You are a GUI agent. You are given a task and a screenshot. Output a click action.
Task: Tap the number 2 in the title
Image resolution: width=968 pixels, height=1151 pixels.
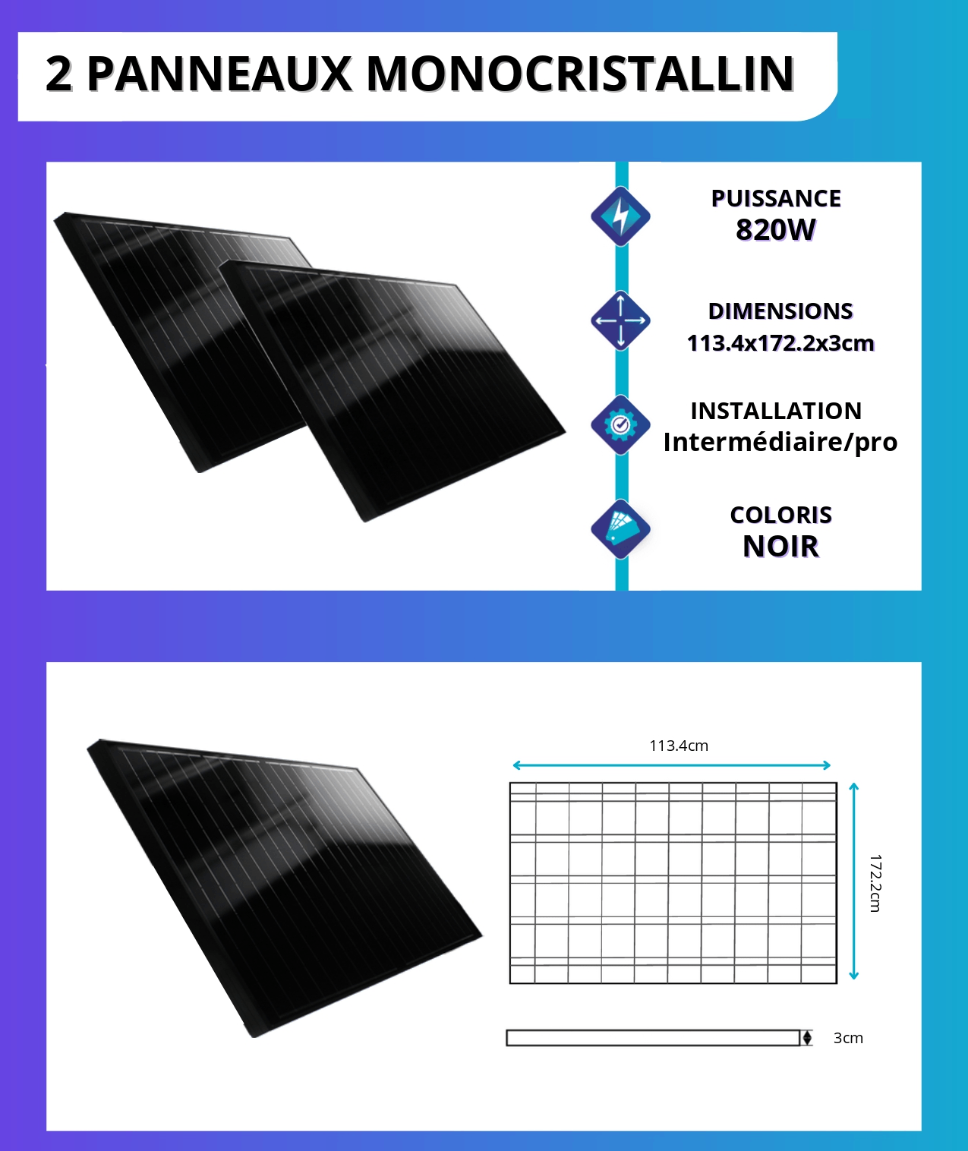(59, 74)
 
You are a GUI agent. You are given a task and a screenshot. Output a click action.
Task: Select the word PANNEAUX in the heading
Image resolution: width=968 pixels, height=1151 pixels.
(219, 74)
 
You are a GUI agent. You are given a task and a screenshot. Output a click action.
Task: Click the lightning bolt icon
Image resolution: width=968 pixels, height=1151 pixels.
(621, 216)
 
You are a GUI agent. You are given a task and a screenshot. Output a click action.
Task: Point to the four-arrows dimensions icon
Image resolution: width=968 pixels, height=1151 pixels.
(621, 320)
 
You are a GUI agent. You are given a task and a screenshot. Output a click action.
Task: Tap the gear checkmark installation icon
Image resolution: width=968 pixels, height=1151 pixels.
(621, 425)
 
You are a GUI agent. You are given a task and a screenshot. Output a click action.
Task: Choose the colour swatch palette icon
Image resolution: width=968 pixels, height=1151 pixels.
(621, 529)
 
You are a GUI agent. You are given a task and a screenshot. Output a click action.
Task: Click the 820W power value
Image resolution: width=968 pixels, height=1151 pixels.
(776, 229)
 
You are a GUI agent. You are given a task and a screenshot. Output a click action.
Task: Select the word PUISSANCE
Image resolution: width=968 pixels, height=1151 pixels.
(776, 198)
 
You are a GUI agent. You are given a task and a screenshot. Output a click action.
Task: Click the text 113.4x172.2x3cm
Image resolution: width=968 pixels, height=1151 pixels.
(780, 343)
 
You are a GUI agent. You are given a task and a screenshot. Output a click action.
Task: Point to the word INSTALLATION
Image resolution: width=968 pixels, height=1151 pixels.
(776, 411)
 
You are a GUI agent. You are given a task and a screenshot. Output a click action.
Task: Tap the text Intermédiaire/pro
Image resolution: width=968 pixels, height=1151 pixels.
(780, 442)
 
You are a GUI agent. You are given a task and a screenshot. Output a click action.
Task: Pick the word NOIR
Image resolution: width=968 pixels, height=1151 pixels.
(780, 547)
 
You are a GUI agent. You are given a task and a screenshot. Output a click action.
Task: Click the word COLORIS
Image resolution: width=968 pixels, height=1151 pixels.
(780, 515)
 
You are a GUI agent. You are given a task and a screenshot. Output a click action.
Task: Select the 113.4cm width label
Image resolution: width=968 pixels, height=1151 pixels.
(679, 746)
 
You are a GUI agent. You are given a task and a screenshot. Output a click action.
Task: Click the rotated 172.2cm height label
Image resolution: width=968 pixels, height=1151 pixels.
(875, 883)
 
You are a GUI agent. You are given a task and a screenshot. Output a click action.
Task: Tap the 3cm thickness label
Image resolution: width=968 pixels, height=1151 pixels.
(848, 1038)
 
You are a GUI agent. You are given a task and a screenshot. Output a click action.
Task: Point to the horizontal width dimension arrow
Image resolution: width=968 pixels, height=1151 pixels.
(672, 765)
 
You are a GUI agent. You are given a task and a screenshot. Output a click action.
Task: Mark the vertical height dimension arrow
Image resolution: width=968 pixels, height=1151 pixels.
(854, 881)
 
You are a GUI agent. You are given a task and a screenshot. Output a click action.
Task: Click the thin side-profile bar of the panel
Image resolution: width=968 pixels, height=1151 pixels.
(653, 1038)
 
